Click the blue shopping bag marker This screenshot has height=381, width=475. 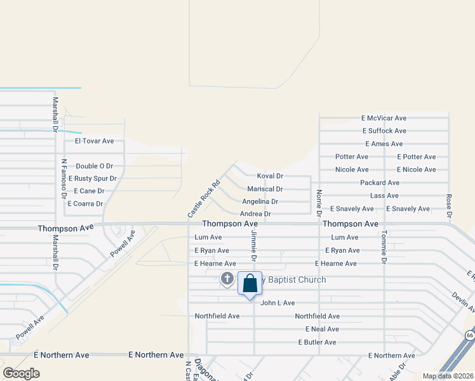[250, 283]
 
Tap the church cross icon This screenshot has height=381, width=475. [227, 278]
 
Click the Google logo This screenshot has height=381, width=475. [21, 373]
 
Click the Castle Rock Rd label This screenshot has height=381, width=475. [203, 198]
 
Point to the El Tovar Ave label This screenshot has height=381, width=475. [94, 141]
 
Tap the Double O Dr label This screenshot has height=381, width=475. [94, 166]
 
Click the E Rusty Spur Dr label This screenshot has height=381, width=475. [93, 178]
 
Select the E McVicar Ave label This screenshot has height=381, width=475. [384, 118]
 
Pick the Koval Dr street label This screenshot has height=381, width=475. [270, 175]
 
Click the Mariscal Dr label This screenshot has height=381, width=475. [265, 189]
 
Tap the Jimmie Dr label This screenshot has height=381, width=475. [253, 246]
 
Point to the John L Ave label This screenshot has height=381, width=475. [278, 303]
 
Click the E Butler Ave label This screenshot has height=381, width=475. [317, 342]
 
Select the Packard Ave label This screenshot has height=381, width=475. [379, 182]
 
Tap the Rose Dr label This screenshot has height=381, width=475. [448, 206]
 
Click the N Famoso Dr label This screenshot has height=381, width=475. [64, 178]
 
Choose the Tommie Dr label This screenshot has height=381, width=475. [384, 247]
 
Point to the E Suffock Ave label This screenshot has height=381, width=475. [384, 131]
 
